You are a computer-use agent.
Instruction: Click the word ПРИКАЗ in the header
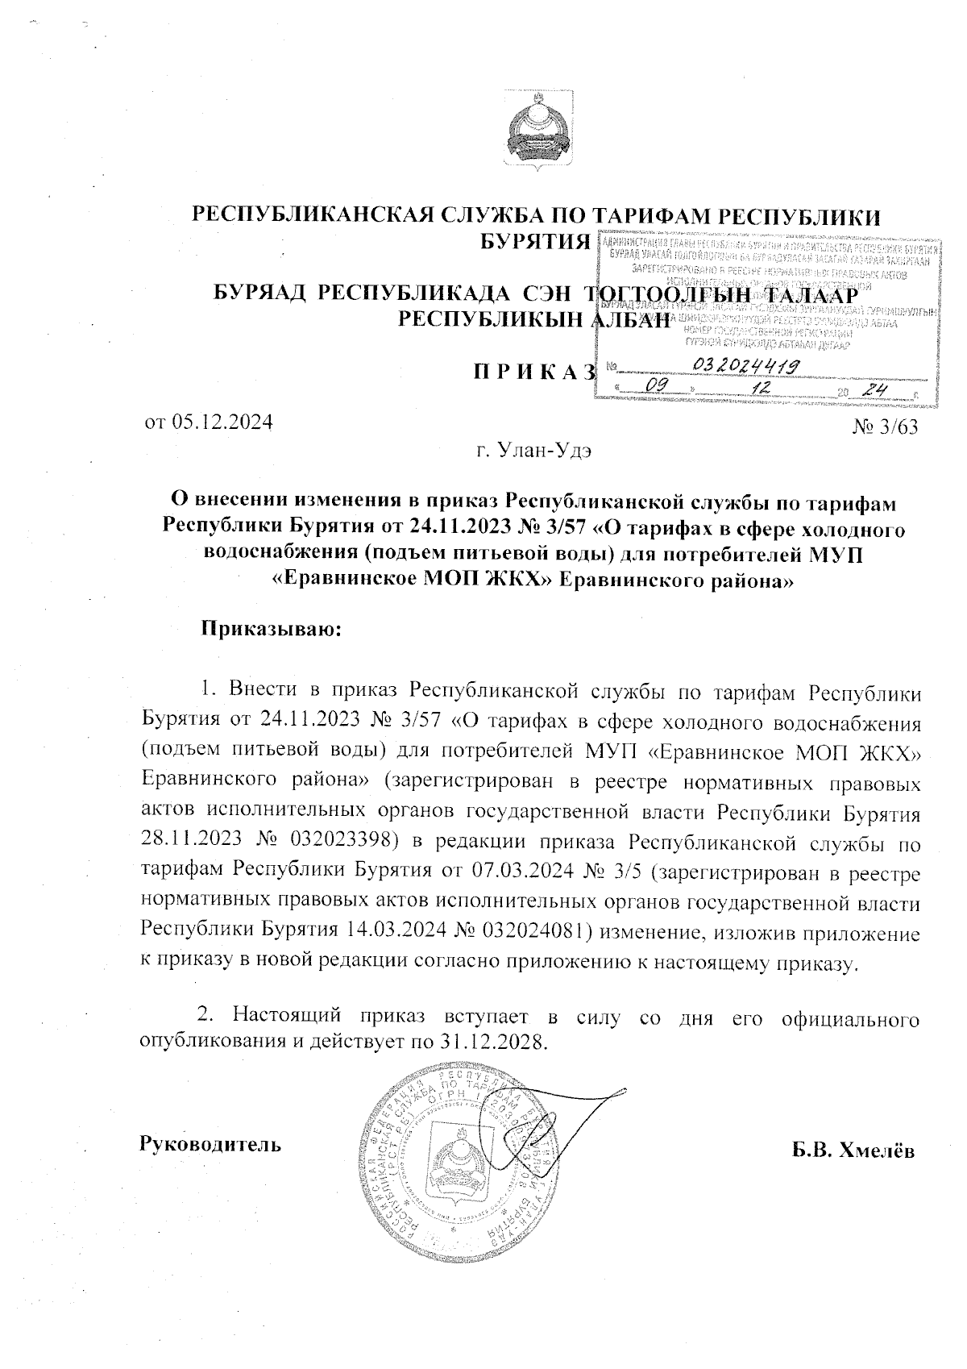[533, 372]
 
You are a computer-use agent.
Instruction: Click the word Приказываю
[272, 628]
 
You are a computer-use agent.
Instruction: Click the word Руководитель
[211, 1143]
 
